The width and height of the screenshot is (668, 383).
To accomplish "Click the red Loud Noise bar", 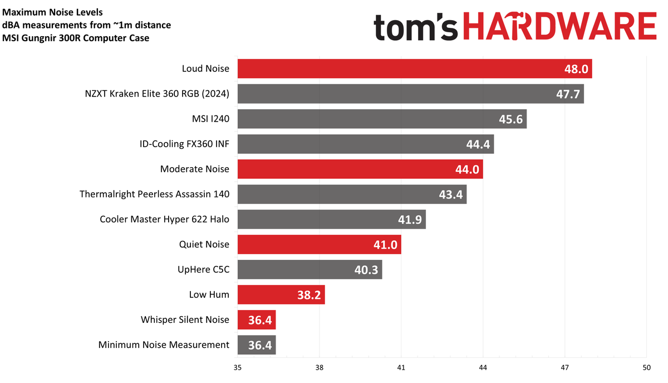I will [415, 69].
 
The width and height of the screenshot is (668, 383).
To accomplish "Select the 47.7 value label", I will [568, 94].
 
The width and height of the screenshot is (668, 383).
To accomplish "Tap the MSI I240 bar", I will [382, 119].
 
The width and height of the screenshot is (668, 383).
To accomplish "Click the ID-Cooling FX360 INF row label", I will [184, 144].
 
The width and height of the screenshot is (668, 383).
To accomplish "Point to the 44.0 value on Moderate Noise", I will [467, 169].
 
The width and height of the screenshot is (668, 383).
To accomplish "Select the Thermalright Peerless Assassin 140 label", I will [154, 195].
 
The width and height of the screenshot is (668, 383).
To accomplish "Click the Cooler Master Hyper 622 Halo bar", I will [332, 219].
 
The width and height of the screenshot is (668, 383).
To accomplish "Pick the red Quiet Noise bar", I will [320, 244].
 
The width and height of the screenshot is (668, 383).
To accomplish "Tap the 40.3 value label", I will [366, 270].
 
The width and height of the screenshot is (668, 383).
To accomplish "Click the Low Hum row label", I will [209, 294].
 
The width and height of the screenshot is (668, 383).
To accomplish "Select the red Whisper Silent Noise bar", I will [257, 320].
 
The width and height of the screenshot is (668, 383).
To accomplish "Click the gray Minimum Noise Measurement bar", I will [257, 345].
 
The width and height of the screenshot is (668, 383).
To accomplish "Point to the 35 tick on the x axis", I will [238, 367].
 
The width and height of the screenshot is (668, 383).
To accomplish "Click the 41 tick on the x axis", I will [401, 367].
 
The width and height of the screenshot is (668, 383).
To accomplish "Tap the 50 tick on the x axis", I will [646, 367].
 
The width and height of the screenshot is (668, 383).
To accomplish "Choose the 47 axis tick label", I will [564, 367].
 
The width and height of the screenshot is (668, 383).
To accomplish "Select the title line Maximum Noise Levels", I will [52, 12].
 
